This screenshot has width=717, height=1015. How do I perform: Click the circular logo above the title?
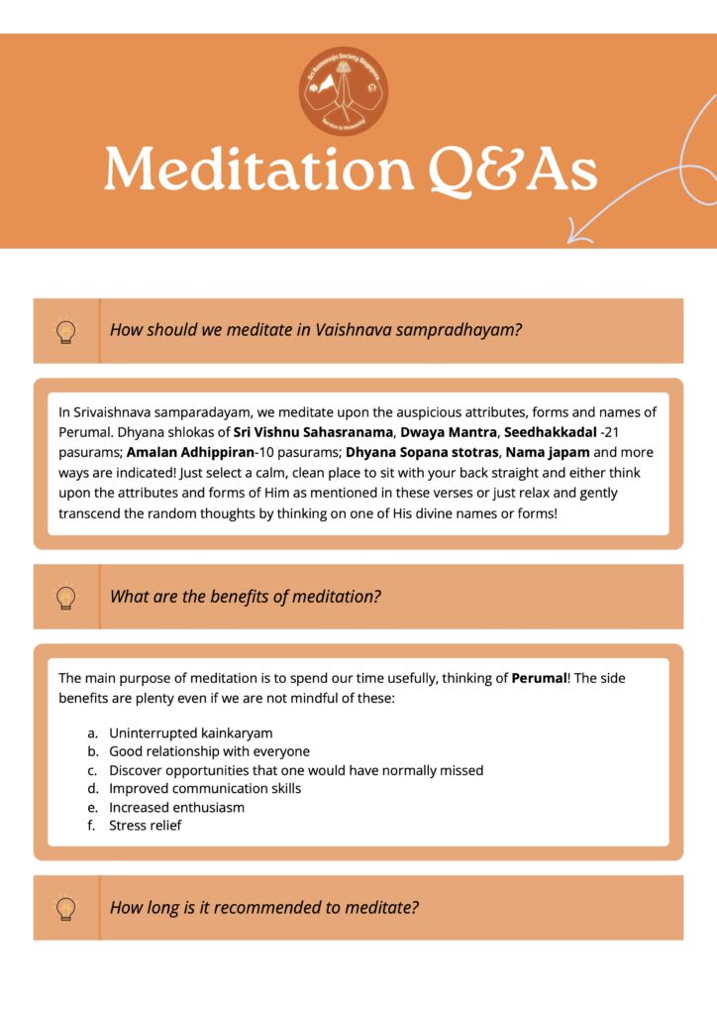click(344, 91)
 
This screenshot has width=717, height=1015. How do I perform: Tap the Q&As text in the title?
click(513, 170)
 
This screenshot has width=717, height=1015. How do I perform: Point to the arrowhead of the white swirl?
click(576, 236)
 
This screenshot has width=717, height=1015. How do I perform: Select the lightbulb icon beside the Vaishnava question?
click(66, 331)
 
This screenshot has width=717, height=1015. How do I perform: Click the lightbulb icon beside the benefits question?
click(66, 597)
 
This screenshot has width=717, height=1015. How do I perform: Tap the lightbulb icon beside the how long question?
click(66, 907)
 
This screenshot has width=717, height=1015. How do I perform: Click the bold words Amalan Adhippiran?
click(190, 452)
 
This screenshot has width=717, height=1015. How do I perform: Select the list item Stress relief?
click(145, 826)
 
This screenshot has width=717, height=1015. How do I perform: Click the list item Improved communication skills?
click(205, 789)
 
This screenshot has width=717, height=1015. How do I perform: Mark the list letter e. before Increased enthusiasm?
click(92, 808)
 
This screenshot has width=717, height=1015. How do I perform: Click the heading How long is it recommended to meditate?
click(264, 907)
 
